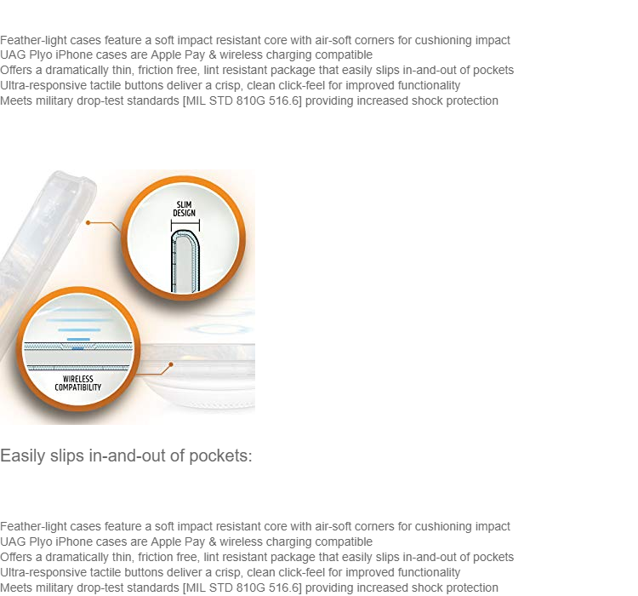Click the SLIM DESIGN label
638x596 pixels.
click(x=185, y=209)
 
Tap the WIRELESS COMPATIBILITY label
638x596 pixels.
click(x=78, y=383)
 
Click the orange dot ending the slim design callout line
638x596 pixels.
click(x=88, y=222)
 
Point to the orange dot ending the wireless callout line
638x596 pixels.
click(x=171, y=364)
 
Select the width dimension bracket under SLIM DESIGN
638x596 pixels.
click(x=185, y=225)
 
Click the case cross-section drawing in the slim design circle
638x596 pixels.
click(x=185, y=261)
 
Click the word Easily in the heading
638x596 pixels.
click(x=22, y=456)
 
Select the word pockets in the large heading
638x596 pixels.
click(x=221, y=456)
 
